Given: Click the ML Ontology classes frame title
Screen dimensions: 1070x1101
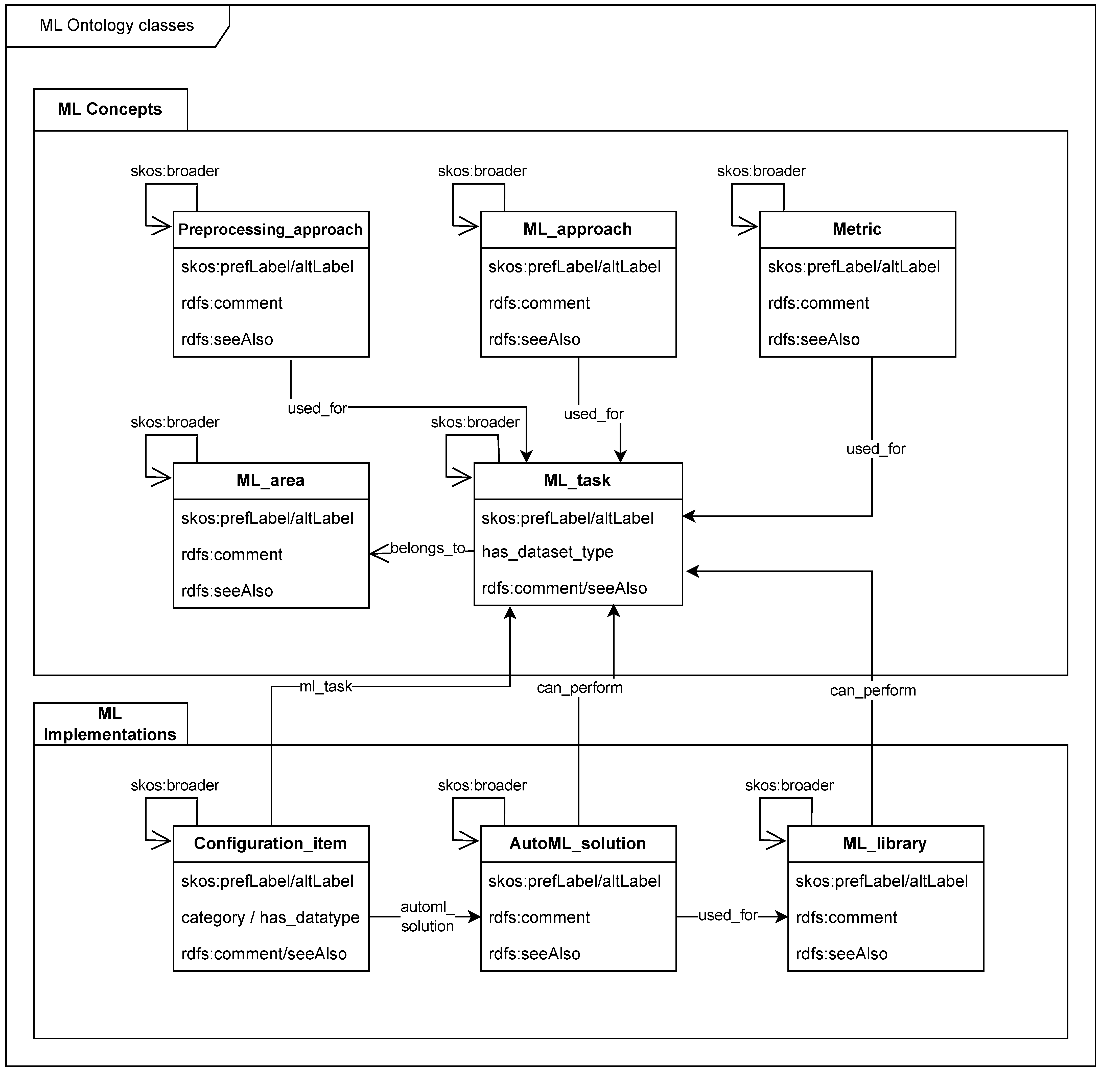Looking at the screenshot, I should [116, 25].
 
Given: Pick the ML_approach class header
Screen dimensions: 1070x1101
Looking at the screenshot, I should [577, 229].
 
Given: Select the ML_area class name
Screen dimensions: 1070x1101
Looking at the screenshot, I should [270, 481].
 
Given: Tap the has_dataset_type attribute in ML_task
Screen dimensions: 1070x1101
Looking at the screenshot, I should [547, 552].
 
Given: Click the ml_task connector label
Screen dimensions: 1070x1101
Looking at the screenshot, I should [325, 686].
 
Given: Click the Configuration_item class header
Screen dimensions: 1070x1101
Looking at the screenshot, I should [270, 843].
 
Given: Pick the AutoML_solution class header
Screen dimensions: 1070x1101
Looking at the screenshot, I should [577, 843].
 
